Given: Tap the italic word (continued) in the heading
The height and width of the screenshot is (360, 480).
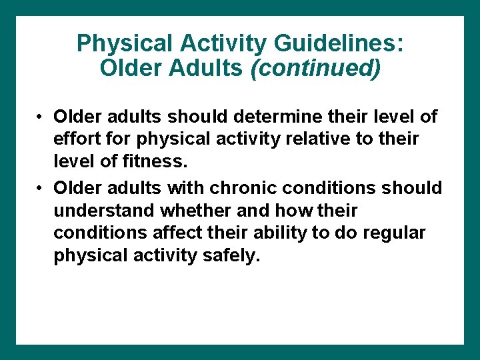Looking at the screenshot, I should pyautogui.click(x=315, y=67).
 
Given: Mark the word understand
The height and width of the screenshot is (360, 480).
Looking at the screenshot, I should pyautogui.click(x=103, y=211).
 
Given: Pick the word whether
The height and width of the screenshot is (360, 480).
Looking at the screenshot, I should pyautogui.click(x=189, y=211).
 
